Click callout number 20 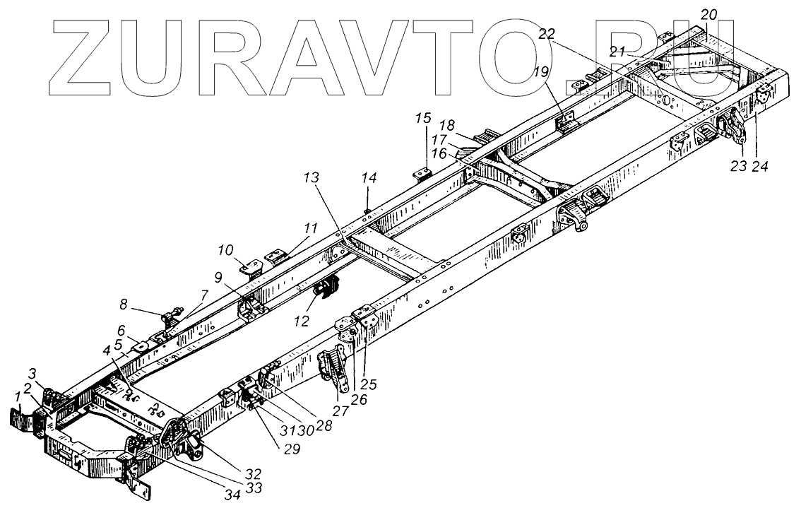pos(708,15)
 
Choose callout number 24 pos(760,167)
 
